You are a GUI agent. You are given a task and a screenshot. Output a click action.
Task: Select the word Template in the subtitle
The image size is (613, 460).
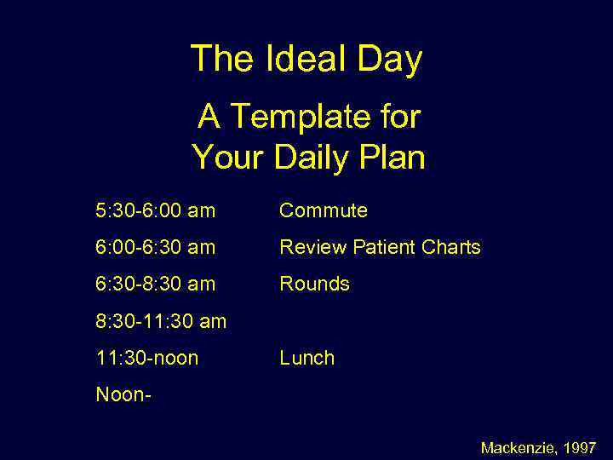(300, 116)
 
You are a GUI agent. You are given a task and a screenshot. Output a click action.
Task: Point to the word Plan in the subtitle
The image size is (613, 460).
(391, 157)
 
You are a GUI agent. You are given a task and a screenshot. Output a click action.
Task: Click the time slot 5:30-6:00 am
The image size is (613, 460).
(155, 210)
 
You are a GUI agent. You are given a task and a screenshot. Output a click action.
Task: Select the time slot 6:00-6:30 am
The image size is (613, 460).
(155, 248)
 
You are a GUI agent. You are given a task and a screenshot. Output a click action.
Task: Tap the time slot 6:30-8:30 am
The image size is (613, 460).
(155, 284)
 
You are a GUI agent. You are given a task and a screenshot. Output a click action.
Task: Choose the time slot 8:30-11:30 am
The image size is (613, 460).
(161, 321)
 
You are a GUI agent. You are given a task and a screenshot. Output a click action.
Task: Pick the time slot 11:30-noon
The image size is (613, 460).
(146, 358)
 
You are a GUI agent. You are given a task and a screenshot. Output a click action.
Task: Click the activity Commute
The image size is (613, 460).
(324, 210)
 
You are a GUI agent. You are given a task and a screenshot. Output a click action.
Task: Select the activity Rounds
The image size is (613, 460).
(314, 284)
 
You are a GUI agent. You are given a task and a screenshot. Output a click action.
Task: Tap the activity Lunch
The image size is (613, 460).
(306, 358)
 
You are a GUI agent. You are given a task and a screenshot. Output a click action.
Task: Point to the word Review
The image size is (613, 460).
(312, 248)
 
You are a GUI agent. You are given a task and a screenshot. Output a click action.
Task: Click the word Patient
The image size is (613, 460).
(382, 248)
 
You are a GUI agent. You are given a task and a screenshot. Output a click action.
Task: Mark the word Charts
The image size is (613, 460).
(451, 248)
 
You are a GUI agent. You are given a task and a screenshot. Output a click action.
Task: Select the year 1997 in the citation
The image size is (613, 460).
(581, 447)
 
